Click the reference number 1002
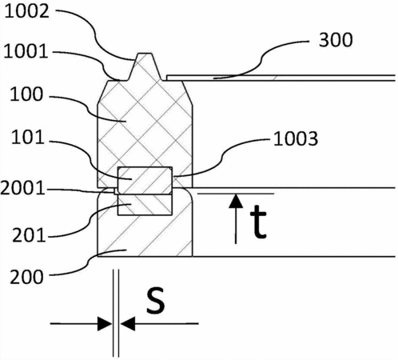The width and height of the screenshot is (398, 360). [27, 12]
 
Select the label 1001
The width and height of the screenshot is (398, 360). [26, 51]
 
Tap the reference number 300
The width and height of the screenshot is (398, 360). [336, 40]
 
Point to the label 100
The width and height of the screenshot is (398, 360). [26, 94]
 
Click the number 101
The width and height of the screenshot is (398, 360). [27, 138]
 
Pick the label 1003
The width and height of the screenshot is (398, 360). [296, 139]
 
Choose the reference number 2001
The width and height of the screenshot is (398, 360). [23, 189]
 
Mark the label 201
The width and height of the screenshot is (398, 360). [29, 236]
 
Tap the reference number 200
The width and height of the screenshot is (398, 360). [26, 277]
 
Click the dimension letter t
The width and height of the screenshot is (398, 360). [257, 222]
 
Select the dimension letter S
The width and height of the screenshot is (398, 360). [156, 300]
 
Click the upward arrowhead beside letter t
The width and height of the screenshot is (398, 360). [236, 202]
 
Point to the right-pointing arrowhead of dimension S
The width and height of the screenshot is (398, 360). [105, 324]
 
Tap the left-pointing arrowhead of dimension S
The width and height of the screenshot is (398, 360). [128, 324]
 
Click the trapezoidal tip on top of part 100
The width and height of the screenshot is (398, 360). [145, 66]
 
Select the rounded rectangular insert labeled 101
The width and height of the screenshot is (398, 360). [145, 181]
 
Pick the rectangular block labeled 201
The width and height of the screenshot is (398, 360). [145, 205]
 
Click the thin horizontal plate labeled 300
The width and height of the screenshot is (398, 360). [281, 78]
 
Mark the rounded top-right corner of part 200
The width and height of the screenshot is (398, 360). [189, 192]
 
